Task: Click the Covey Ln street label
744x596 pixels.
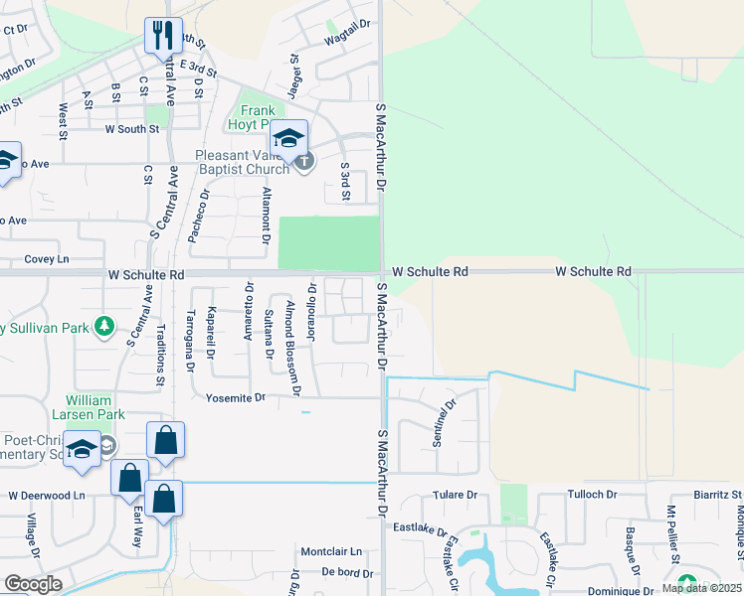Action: tap(47, 258)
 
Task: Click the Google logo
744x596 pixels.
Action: tap(33, 584)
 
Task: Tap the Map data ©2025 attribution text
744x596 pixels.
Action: tap(698, 588)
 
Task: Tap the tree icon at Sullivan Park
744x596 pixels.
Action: tap(103, 327)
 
